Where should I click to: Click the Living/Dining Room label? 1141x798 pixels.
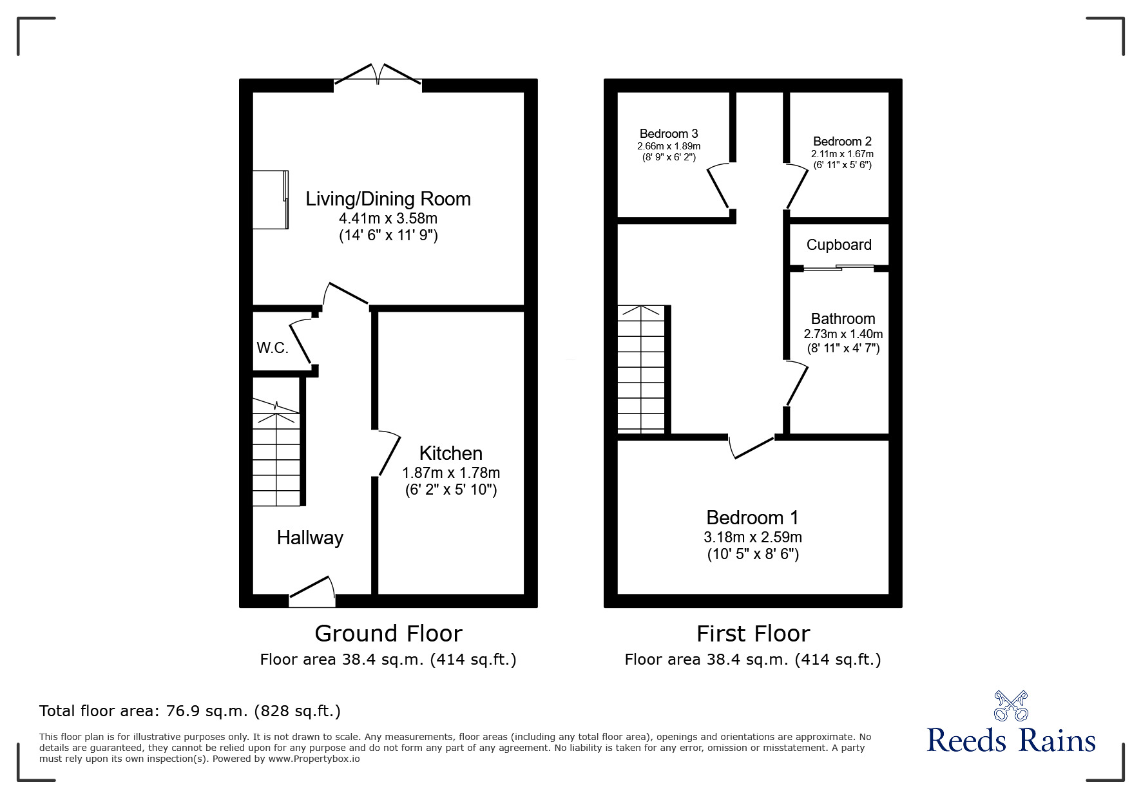(388, 198)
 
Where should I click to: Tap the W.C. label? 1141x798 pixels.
(272, 348)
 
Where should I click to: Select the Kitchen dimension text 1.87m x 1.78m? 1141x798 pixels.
(450, 472)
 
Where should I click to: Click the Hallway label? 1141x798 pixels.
(310, 538)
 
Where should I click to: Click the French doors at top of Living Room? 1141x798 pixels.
(378, 73)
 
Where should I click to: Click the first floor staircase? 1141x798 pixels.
(641, 369)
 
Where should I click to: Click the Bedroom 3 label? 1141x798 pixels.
(669, 133)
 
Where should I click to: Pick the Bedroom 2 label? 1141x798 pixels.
(842, 141)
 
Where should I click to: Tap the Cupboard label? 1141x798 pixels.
(839, 245)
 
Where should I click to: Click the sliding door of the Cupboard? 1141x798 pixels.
(839, 267)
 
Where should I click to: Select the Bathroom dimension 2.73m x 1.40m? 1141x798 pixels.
(843, 334)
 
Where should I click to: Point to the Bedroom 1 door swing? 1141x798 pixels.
(751, 447)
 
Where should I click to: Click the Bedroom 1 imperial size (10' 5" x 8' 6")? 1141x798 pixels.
(753, 554)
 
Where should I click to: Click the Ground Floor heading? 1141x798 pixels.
(388, 633)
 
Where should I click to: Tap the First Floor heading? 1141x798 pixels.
(753, 633)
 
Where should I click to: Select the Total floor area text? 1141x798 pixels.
(190, 711)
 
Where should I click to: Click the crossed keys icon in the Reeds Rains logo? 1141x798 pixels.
(1011, 705)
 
